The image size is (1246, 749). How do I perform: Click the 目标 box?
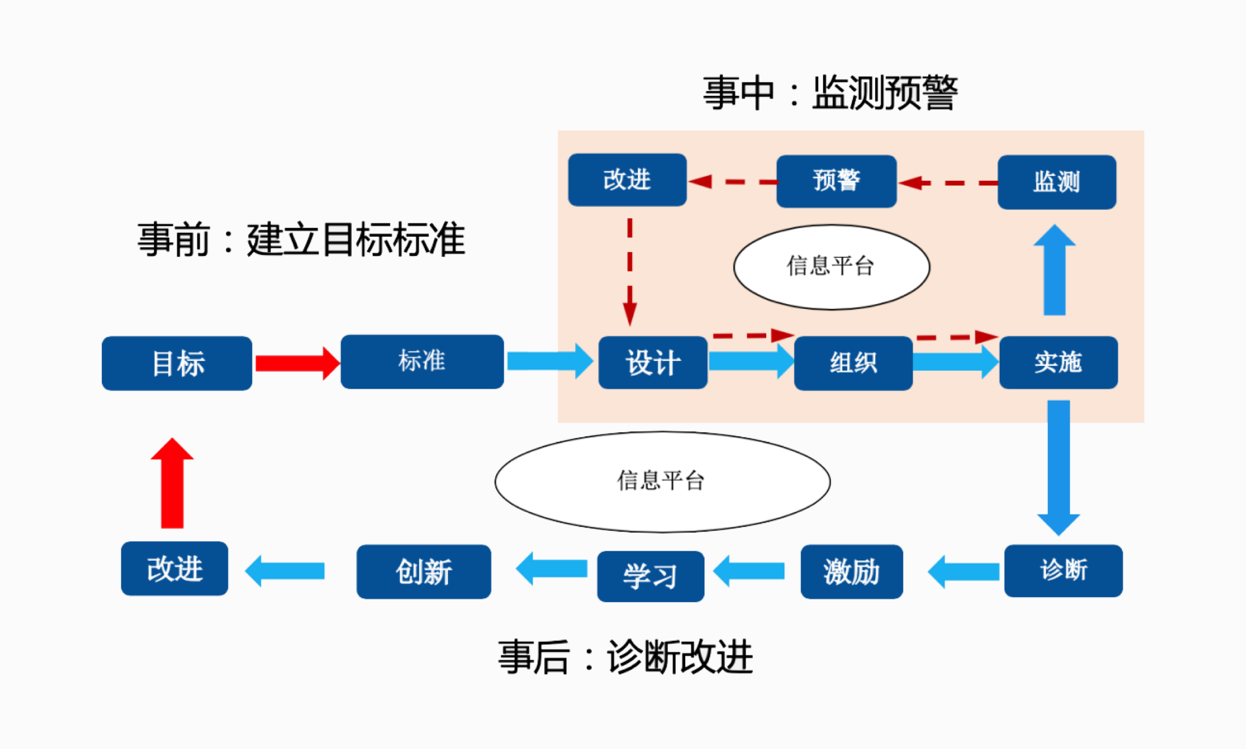177,363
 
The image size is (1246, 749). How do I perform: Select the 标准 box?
422,361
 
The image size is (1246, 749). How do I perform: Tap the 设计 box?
652,363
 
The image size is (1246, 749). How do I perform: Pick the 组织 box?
853,363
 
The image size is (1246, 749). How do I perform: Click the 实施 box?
1058,363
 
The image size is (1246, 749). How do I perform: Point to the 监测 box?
1057,182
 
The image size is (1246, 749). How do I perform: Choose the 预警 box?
836,181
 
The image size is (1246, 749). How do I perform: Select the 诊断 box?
1063,571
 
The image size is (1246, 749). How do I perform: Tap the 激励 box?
851,572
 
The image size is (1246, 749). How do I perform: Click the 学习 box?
650,576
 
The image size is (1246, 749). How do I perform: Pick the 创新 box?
424,572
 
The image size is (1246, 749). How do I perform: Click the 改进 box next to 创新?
174,568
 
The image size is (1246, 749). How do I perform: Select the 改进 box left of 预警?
627,180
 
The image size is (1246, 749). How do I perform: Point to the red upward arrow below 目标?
172,484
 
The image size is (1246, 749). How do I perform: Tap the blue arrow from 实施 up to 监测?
1055,271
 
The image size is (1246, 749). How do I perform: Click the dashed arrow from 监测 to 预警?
948,182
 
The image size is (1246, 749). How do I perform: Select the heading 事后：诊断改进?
625,657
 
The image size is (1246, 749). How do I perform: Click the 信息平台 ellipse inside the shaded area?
831,267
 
